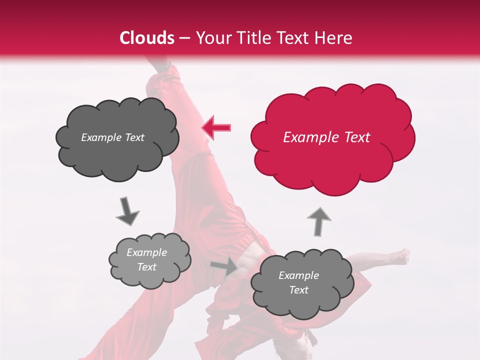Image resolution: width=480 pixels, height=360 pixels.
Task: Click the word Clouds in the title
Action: coord(147,38)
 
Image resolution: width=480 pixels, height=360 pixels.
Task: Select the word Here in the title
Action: coord(332,38)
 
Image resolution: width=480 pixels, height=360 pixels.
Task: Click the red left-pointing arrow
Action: coord(216,127)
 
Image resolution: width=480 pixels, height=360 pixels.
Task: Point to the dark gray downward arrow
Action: coord(127,211)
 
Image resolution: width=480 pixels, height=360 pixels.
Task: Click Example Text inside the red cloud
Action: coord(326,137)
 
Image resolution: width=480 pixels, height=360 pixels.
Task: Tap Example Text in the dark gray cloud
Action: coord(112,137)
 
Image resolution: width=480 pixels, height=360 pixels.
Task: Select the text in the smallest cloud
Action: coord(146,259)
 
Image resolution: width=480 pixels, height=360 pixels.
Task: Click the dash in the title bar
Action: coord(184,38)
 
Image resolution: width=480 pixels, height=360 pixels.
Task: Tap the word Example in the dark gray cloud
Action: coord(99,137)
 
